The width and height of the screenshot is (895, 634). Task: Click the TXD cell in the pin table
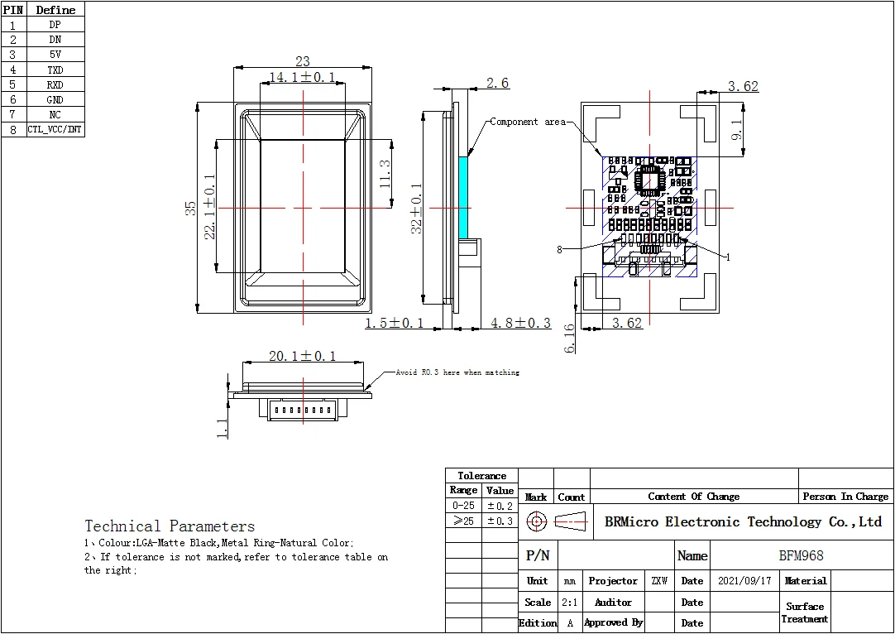pyautogui.click(x=55, y=70)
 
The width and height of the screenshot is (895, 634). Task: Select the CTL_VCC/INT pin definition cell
pyautogui.click(x=55, y=130)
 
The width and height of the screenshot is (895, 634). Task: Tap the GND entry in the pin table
pyautogui.click(x=55, y=99)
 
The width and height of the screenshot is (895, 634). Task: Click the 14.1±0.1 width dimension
pyautogui.click(x=302, y=77)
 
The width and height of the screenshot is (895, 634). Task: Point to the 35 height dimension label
pyautogui.click(x=190, y=207)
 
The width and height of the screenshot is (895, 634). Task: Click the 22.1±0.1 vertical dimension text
pyautogui.click(x=210, y=207)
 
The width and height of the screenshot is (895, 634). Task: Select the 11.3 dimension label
pyautogui.click(x=385, y=175)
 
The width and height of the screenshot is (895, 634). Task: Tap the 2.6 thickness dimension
pyautogui.click(x=497, y=83)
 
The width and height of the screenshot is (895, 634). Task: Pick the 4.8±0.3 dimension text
pyautogui.click(x=520, y=323)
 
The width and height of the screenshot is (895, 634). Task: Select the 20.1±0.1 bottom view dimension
pyautogui.click(x=302, y=356)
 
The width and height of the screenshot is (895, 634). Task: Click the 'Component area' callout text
pyautogui.click(x=527, y=122)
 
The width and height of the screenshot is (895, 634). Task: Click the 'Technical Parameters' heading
pyautogui.click(x=170, y=526)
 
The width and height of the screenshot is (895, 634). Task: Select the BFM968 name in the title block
pyautogui.click(x=801, y=556)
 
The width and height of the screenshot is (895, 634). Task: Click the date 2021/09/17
pyautogui.click(x=744, y=581)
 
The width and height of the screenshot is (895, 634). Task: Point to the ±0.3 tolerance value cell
pyautogui.click(x=500, y=521)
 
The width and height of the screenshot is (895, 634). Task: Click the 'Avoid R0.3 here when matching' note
pyautogui.click(x=457, y=372)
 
